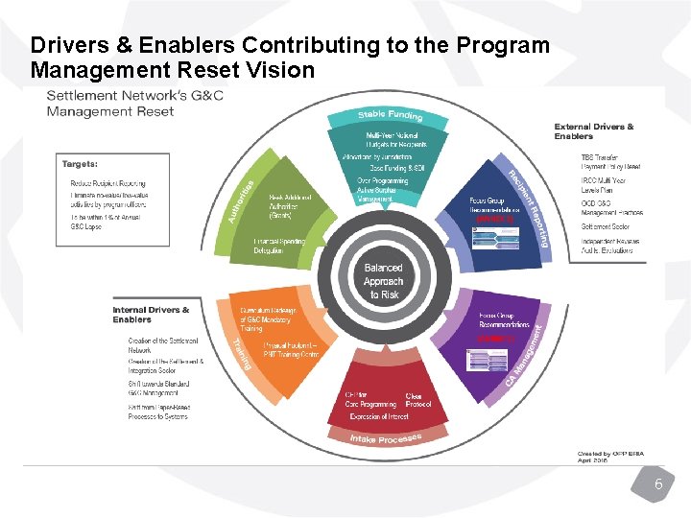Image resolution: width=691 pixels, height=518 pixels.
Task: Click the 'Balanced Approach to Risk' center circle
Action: [383, 281]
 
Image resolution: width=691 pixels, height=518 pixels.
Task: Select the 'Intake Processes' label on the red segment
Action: [385, 440]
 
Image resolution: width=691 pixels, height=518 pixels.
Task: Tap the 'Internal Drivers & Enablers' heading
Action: [151, 315]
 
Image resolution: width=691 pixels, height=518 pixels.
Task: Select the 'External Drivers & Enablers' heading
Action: [594, 131]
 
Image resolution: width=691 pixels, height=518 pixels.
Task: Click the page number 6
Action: [658, 485]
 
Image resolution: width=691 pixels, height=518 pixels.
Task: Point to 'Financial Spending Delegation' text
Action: [279, 246]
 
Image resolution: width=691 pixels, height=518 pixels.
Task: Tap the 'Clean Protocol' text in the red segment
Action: [418, 400]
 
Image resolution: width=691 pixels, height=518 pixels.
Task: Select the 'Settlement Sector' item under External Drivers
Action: [605, 227]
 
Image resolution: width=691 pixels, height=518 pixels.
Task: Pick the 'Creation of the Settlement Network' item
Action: [163, 345]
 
